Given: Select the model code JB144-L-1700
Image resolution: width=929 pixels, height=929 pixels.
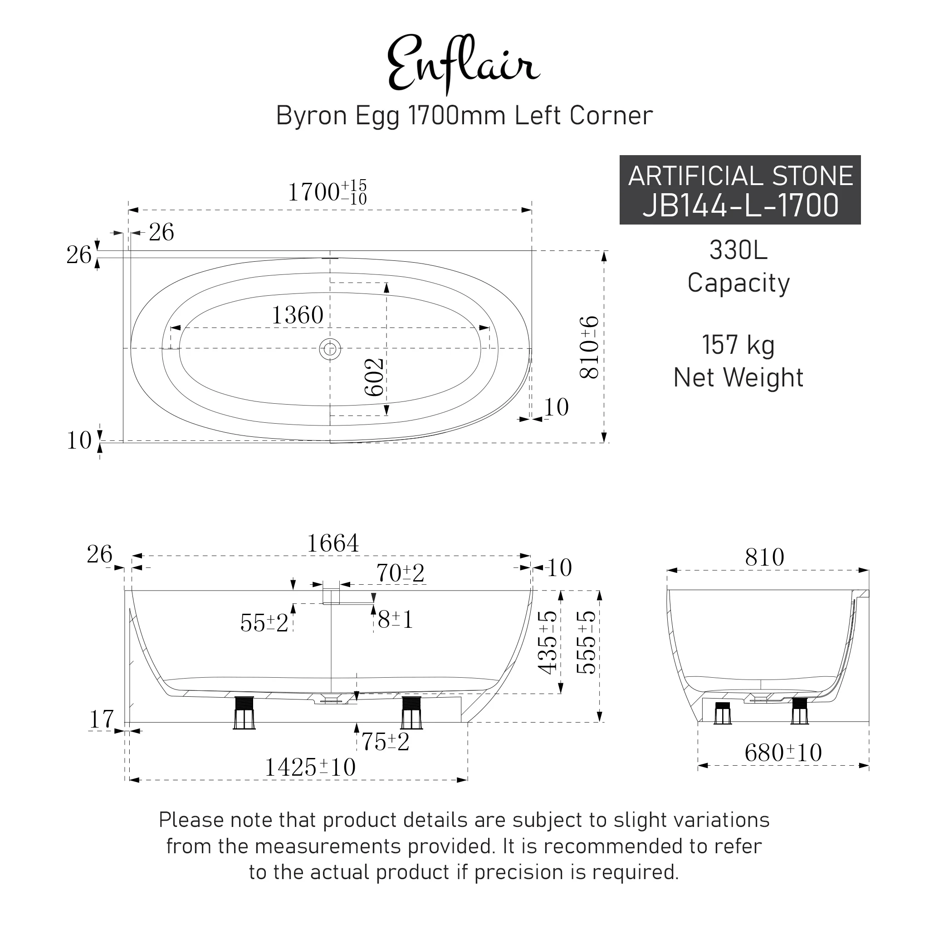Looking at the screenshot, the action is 740,205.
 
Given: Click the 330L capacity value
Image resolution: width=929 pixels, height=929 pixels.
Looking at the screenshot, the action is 738,250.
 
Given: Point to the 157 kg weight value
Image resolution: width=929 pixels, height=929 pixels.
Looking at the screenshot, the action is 738,345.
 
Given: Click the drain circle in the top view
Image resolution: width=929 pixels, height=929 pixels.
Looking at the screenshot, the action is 330,349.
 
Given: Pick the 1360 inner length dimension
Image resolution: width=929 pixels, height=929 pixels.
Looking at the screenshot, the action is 298,315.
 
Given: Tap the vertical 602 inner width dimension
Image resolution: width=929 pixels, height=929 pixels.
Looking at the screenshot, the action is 375,377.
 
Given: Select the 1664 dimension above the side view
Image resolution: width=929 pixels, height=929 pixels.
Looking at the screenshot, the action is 333,544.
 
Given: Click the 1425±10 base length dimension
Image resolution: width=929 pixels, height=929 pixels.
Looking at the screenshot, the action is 311,767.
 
